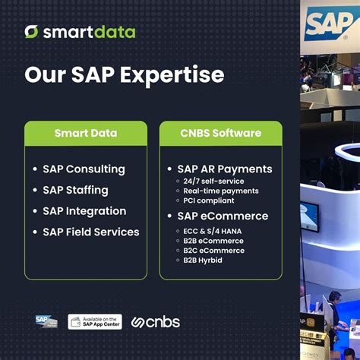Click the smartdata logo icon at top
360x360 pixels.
point(31,31)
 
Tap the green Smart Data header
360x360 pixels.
point(86,133)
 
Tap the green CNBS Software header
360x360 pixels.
point(220,133)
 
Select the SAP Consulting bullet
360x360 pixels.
point(84,169)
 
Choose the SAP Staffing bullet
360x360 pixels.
point(75,190)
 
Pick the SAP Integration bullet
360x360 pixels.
point(84,210)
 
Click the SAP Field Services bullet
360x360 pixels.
point(91,232)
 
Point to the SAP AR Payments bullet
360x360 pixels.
point(224,169)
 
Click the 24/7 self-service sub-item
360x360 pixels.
point(213,182)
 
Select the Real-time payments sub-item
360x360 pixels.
point(220,191)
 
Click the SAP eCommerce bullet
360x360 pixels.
point(223,216)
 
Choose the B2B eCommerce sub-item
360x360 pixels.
point(213,240)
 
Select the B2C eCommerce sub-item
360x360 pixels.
point(213,250)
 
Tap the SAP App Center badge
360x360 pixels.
point(95,321)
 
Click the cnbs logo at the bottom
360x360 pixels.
point(156,321)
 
